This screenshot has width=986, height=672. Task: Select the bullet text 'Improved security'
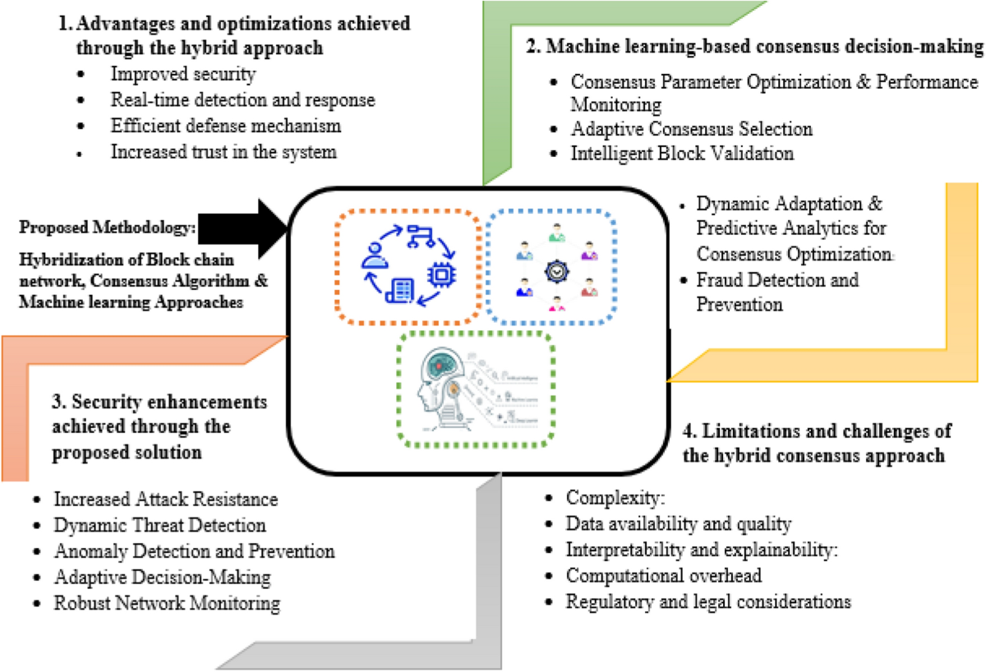[x=183, y=75]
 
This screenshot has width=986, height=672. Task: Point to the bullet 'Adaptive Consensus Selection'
[x=691, y=129]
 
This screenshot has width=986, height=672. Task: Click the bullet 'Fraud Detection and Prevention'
[x=776, y=292]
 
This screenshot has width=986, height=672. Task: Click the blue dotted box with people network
[x=555, y=265]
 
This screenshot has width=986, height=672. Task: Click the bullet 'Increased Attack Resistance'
[x=165, y=499]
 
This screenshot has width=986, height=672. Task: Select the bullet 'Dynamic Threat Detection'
[x=159, y=525]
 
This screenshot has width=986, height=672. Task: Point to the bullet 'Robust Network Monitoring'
[x=167, y=603]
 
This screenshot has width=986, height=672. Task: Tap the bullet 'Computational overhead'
[x=664, y=576]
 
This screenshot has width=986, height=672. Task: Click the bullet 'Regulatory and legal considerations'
[x=707, y=601]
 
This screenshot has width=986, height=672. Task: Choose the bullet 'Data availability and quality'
[x=678, y=523]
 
